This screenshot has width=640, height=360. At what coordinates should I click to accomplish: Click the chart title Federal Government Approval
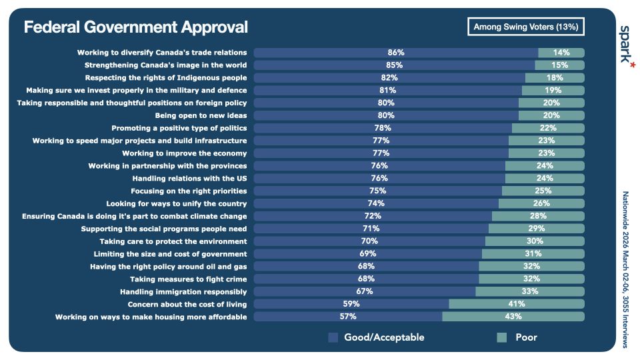coord(135,27)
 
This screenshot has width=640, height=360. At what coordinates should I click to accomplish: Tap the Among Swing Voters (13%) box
coord(526,27)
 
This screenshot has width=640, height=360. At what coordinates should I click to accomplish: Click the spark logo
coord(626,45)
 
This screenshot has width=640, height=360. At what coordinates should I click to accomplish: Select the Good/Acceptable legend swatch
coord(333,337)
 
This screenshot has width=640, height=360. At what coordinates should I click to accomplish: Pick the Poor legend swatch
coord(502,337)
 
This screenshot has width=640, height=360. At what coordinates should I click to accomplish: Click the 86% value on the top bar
coord(396,53)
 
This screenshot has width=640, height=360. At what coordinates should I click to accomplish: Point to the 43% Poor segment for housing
coord(513,317)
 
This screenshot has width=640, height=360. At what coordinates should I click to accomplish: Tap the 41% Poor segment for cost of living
coord(517,304)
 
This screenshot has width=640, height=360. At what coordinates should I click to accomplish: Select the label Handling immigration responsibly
coord(183,291)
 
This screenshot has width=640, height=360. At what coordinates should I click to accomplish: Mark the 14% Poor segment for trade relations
coord(561,53)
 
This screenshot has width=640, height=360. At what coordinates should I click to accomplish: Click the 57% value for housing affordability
coord(348,317)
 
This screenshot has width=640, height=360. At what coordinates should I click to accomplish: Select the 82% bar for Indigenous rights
coord(389,77)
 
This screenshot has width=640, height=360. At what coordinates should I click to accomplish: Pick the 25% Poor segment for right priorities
coord(543,191)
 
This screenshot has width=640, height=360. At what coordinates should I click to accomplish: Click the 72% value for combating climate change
coord(373,216)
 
